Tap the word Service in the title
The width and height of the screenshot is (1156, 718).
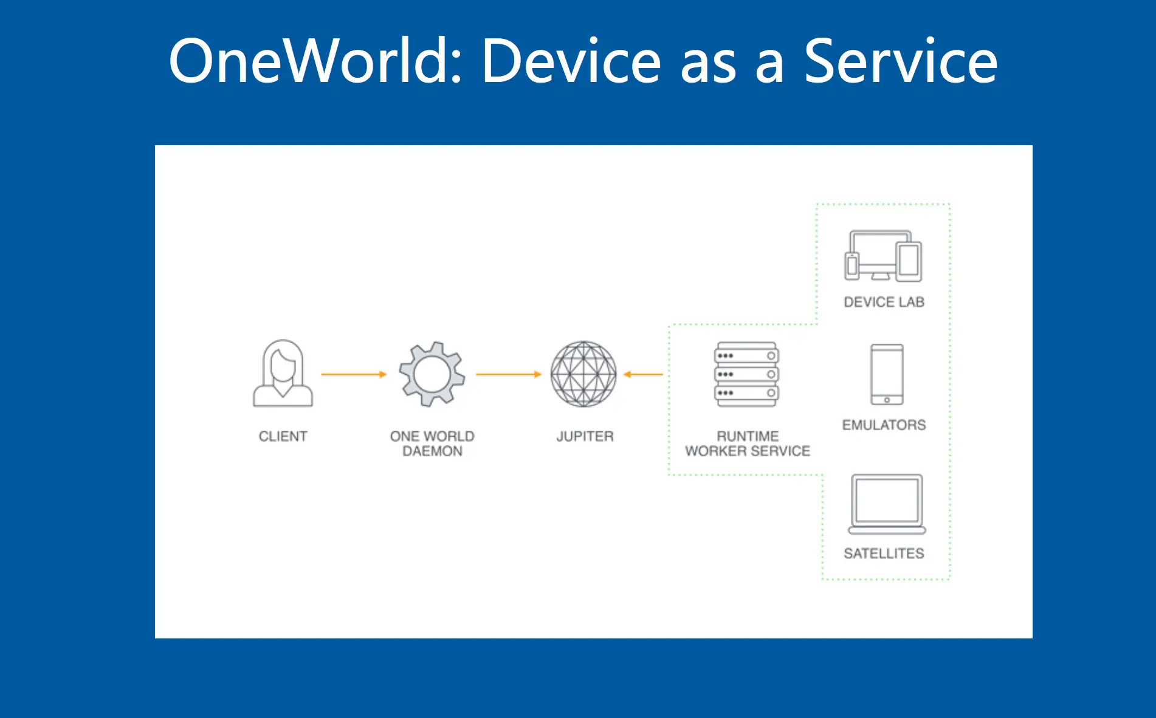pos(900,61)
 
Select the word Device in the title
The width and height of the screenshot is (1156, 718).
pos(571,61)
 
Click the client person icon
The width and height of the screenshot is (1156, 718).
pos(283,373)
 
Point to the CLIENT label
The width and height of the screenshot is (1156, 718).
pos(283,436)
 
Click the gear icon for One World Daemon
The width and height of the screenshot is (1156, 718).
pos(432,374)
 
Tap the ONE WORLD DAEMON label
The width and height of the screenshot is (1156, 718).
pos(432,443)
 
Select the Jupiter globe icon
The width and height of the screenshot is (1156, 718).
pos(583,374)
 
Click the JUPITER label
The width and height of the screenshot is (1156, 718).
pos(585,436)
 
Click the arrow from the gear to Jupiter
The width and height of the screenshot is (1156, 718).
pos(508,374)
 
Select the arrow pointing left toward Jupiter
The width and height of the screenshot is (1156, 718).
pos(643,374)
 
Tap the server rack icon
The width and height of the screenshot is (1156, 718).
pos(746,374)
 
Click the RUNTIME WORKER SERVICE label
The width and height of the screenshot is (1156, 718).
pos(748,443)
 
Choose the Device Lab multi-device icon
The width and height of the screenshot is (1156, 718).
pos(883,256)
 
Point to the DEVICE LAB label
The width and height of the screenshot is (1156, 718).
pos(884,302)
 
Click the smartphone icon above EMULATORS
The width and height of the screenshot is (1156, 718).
pos(887,374)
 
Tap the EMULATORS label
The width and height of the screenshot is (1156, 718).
pos(884,425)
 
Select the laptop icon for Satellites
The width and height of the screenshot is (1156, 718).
pos(887,504)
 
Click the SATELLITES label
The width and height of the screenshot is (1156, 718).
pos(884,553)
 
